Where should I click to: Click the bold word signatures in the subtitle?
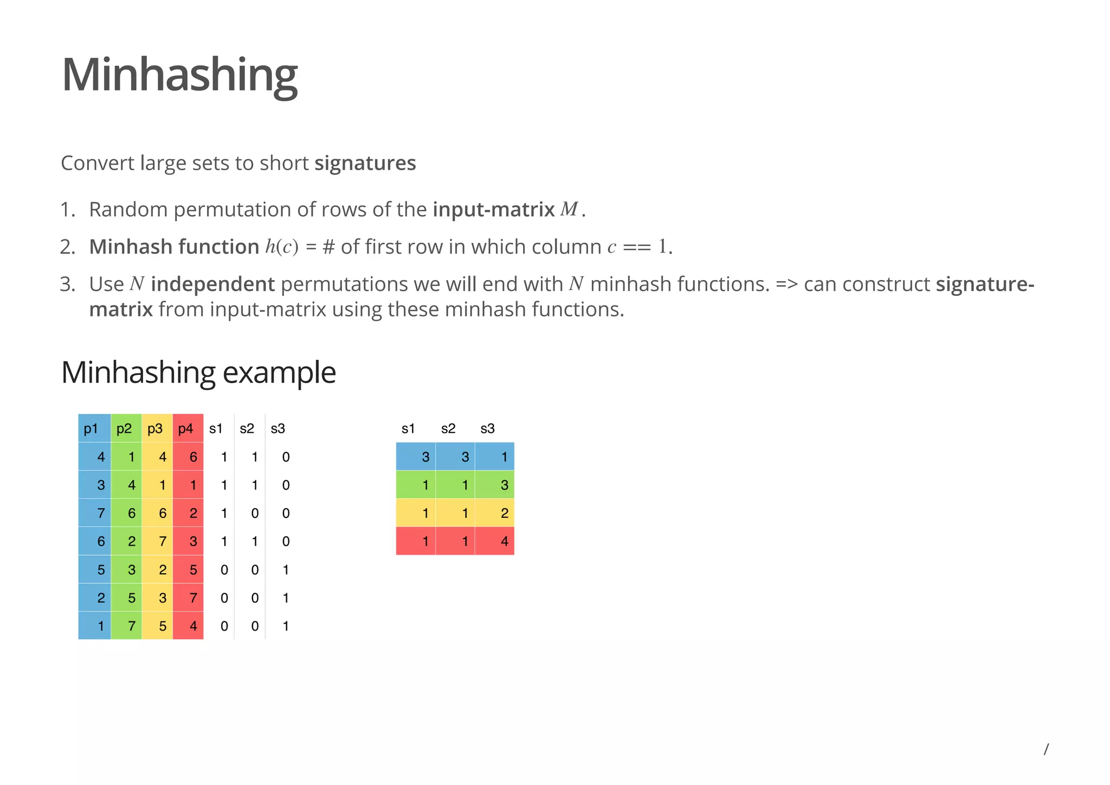click(x=365, y=163)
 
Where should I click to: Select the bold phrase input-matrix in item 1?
click(x=493, y=210)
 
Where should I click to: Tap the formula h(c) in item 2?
click(x=282, y=247)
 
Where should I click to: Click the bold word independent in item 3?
click(x=212, y=284)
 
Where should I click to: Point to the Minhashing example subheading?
click(x=198, y=373)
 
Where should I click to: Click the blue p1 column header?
click(x=91, y=429)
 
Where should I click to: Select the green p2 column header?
click(x=124, y=429)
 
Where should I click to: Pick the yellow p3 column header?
click(x=155, y=429)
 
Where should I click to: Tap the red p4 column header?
click(x=186, y=429)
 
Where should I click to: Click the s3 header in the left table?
click(x=278, y=429)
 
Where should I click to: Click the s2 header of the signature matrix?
click(x=448, y=429)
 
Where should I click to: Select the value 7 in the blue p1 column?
click(x=101, y=513)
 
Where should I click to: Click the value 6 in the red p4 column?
click(x=193, y=457)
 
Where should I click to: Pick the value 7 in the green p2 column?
click(x=132, y=626)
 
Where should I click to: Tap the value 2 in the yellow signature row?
click(x=504, y=513)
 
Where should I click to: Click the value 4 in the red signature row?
click(x=504, y=541)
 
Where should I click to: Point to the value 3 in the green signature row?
click(x=504, y=485)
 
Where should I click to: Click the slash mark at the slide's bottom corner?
click(x=1046, y=749)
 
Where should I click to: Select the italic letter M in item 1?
click(x=569, y=209)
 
